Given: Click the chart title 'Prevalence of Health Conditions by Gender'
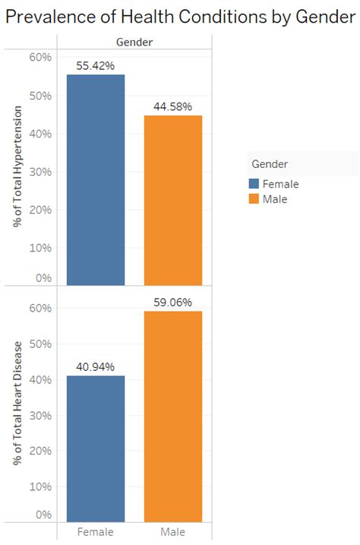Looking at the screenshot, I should [180, 16].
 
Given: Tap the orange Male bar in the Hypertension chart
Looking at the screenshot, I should [173, 201].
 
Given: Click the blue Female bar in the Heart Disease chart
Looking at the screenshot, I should [96, 448].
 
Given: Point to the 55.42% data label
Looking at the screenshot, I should [96, 66].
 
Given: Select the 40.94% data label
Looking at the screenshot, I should [96, 367].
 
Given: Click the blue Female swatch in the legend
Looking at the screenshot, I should [254, 184].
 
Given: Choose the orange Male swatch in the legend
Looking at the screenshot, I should [254, 199].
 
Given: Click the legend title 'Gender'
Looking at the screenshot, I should [269, 164].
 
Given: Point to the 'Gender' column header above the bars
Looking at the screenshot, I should [134, 43].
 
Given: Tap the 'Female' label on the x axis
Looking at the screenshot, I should [96, 531].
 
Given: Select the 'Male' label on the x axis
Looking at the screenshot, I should [173, 531].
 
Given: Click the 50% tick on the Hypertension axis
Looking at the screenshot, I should [40, 96].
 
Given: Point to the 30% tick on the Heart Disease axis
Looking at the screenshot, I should [40, 415].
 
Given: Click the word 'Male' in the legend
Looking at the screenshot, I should [275, 199].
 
